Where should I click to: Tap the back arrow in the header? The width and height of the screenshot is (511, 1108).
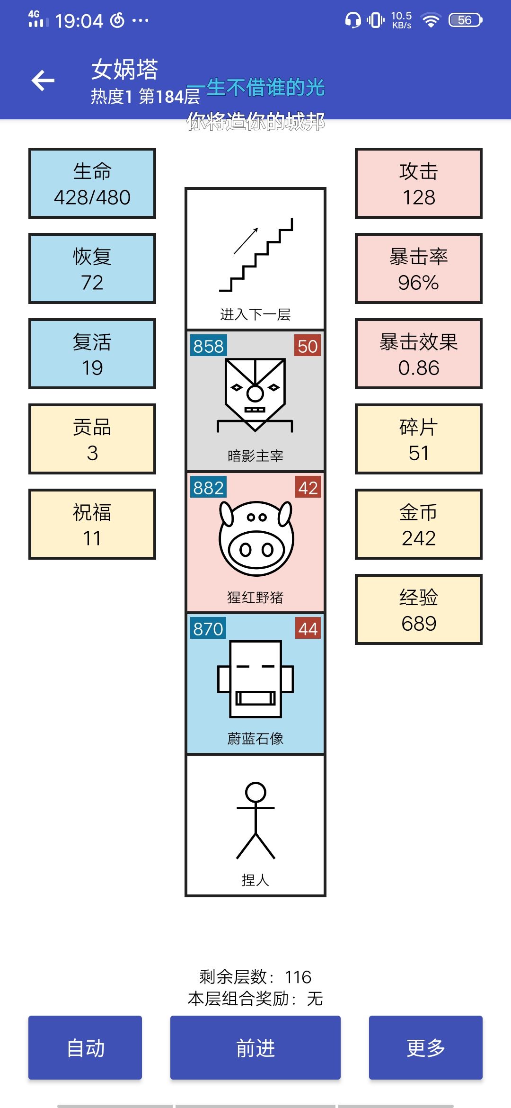point(43,80)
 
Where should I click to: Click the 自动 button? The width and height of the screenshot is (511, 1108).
point(85,1047)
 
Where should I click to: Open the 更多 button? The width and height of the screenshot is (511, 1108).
point(426,1047)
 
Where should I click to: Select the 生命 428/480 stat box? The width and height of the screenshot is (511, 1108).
point(92,183)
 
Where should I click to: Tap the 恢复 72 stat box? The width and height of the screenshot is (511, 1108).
point(92,268)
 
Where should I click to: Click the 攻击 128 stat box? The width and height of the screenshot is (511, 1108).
point(419,183)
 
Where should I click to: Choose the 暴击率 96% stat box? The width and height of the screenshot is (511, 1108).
point(419,268)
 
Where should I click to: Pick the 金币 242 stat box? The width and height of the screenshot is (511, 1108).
point(419,524)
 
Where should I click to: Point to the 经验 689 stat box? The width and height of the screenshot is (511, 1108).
point(419,609)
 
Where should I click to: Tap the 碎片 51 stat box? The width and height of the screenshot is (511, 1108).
point(419,439)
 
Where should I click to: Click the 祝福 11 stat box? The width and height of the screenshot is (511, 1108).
point(92,524)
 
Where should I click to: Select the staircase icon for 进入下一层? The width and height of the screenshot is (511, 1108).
point(256,255)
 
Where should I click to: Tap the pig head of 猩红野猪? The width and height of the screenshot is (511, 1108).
point(256,538)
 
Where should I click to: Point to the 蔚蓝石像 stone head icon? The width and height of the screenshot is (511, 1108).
point(255,679)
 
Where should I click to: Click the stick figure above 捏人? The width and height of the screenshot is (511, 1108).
point(255,820)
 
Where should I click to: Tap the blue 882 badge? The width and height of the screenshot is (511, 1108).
point(208,488)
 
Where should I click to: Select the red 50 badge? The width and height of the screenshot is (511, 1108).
point(308,346)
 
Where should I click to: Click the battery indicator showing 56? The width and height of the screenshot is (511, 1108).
point(466,20)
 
